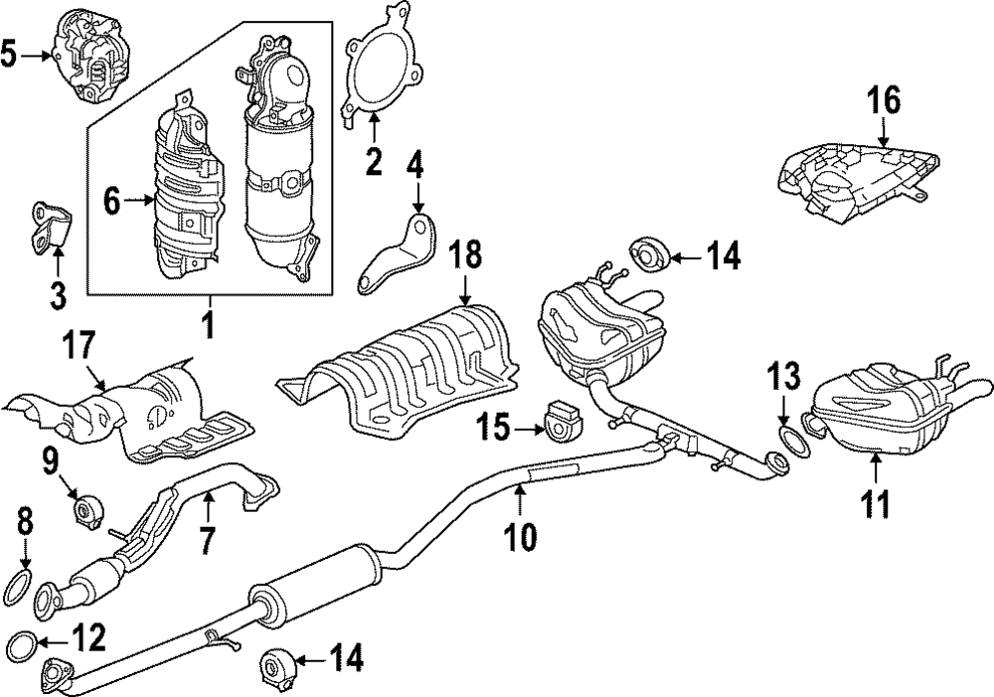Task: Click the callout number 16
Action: coord(883,100)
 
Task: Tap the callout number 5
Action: coord(11,53)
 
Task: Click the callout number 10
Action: coord(520,537)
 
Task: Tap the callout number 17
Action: coord(80,347)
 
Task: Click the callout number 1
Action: coord(209,324)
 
